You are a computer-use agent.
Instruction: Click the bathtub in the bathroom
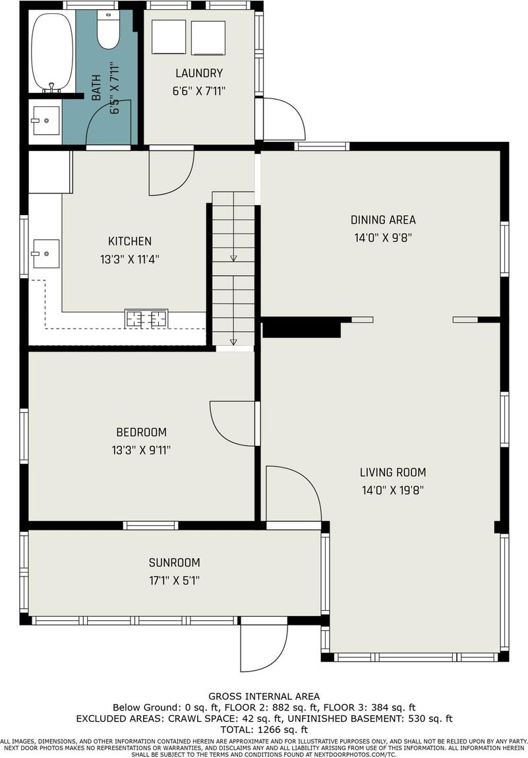(x=52, y=52)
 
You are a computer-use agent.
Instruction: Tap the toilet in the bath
(x=108, y=29)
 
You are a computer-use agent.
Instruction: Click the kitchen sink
(x=45, y=253)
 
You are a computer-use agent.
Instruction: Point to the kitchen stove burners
(x=146, y=319)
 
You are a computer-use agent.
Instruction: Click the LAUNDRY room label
(x=199, y=73)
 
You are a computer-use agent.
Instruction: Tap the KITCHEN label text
(x=129, y=241)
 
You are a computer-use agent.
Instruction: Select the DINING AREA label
(x=383, y=220)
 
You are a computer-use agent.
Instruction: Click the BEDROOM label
(x=141, y=431)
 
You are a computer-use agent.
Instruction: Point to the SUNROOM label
(x=175, y=562)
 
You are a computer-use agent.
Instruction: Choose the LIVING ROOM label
(x=393, y=472)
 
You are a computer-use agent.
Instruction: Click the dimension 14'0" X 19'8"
(x=393, y=490)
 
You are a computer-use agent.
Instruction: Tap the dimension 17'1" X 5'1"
(x=175, y=580)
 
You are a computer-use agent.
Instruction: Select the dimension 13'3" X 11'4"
(x=129, y=259)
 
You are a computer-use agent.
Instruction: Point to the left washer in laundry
(x=169, y=37)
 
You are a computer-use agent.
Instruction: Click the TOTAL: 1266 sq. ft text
(x=264, y=730)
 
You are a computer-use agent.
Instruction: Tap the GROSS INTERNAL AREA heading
(x=264, y=696)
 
